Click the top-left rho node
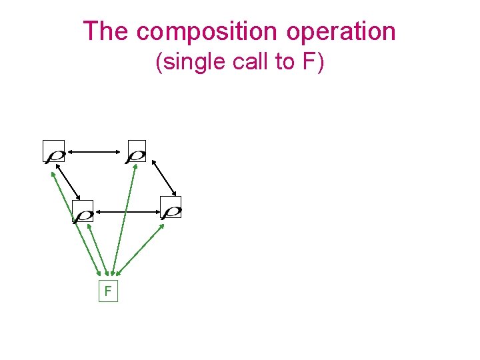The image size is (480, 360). (54, 152)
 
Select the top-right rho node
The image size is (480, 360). (136, 152)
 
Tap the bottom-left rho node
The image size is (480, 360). (83, 211)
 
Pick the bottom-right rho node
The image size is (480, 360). (171, 208)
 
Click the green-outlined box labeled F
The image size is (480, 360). (107, 291)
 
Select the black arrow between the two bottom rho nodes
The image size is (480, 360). (127, 212)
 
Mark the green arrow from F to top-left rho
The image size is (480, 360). (75, 220)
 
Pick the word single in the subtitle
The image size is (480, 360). (192, 62)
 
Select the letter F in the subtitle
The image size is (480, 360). (309, 62)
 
